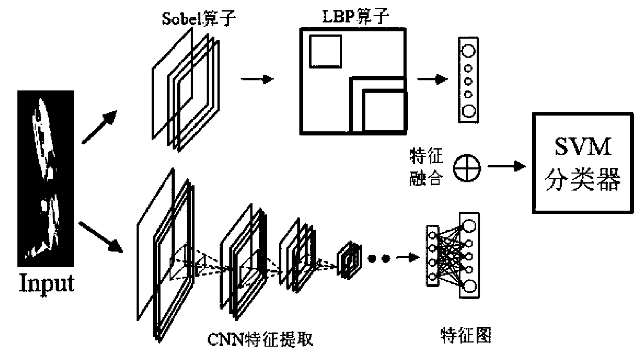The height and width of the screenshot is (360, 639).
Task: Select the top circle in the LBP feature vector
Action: [x=468, y=51]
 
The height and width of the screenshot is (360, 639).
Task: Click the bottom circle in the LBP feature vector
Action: [x=468, y=110]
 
